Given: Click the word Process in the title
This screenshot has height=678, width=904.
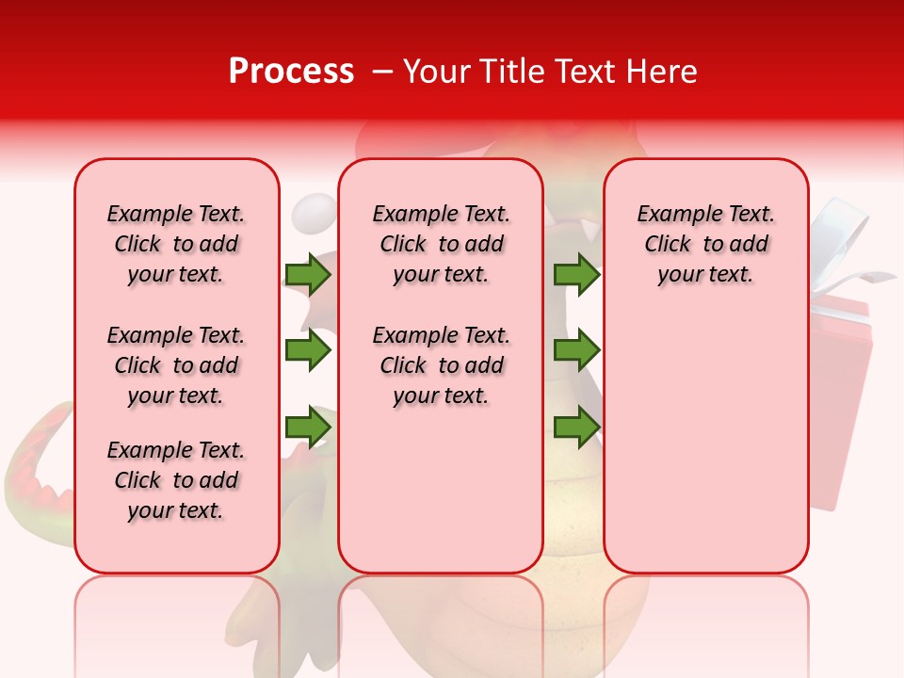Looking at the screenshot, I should (291, 72).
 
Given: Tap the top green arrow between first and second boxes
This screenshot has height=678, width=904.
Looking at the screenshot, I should (308, 274).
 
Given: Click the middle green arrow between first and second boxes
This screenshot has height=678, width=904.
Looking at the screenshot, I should (308, 350).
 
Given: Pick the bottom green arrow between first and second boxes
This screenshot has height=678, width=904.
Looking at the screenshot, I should (308, 427).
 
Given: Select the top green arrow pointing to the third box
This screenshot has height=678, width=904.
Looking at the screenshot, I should (576, 274).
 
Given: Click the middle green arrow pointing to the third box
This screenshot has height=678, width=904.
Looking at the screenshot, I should (576, 350).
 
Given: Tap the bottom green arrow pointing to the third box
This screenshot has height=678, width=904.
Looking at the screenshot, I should (576, 427).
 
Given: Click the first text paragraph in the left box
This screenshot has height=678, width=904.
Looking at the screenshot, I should (176, 244).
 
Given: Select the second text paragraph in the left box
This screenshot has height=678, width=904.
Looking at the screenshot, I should (176, 365).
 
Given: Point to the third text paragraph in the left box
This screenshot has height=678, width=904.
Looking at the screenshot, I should (176, 480).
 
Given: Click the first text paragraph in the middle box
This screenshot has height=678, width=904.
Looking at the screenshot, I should (442, 244).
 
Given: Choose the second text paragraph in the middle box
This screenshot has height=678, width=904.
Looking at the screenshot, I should (442, 365).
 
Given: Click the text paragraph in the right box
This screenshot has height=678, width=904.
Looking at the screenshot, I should (706, 244).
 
